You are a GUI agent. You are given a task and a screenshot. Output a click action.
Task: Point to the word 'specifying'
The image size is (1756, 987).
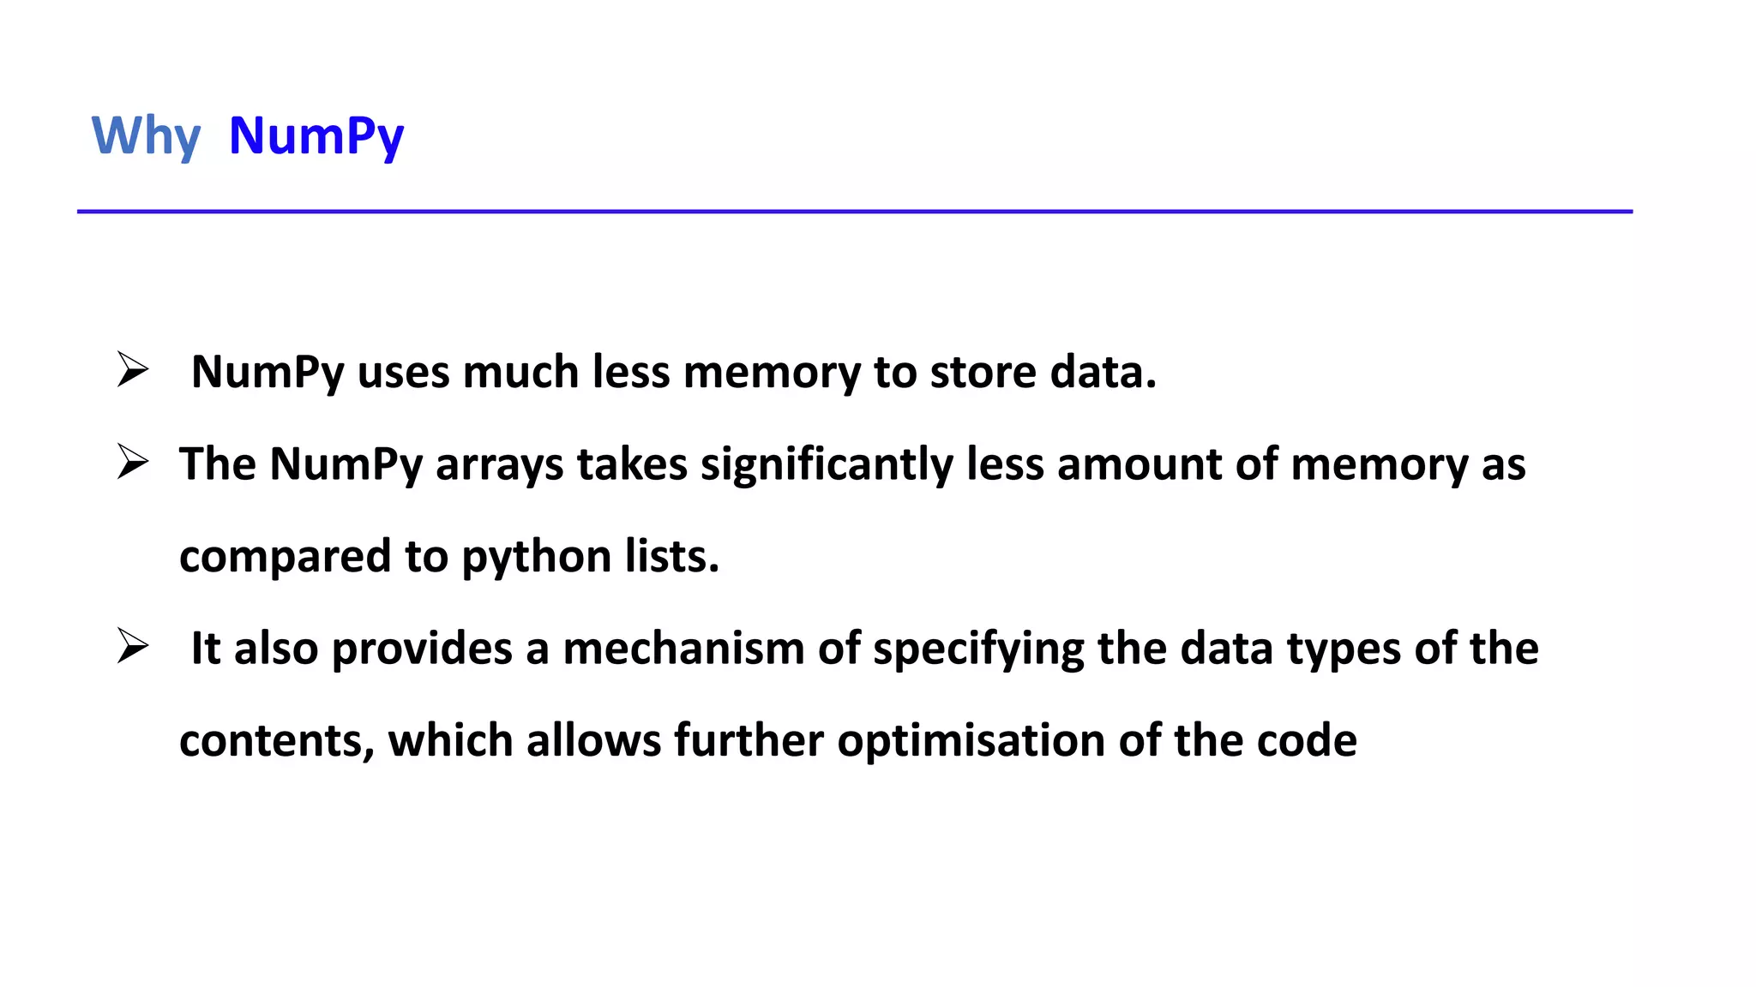(978, 649)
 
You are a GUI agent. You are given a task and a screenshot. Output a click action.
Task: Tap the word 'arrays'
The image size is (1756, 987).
(499, 464)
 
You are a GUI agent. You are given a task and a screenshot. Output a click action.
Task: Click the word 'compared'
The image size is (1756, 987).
(285, 557)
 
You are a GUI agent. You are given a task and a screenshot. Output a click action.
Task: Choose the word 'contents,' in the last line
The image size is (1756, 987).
(277, 740)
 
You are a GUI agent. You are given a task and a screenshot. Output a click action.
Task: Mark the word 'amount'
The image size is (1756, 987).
(1140, 464)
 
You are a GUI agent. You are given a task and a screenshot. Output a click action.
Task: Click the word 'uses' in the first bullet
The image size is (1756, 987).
(403, 372)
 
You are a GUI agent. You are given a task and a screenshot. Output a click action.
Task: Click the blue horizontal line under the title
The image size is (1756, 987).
(854, 211)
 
